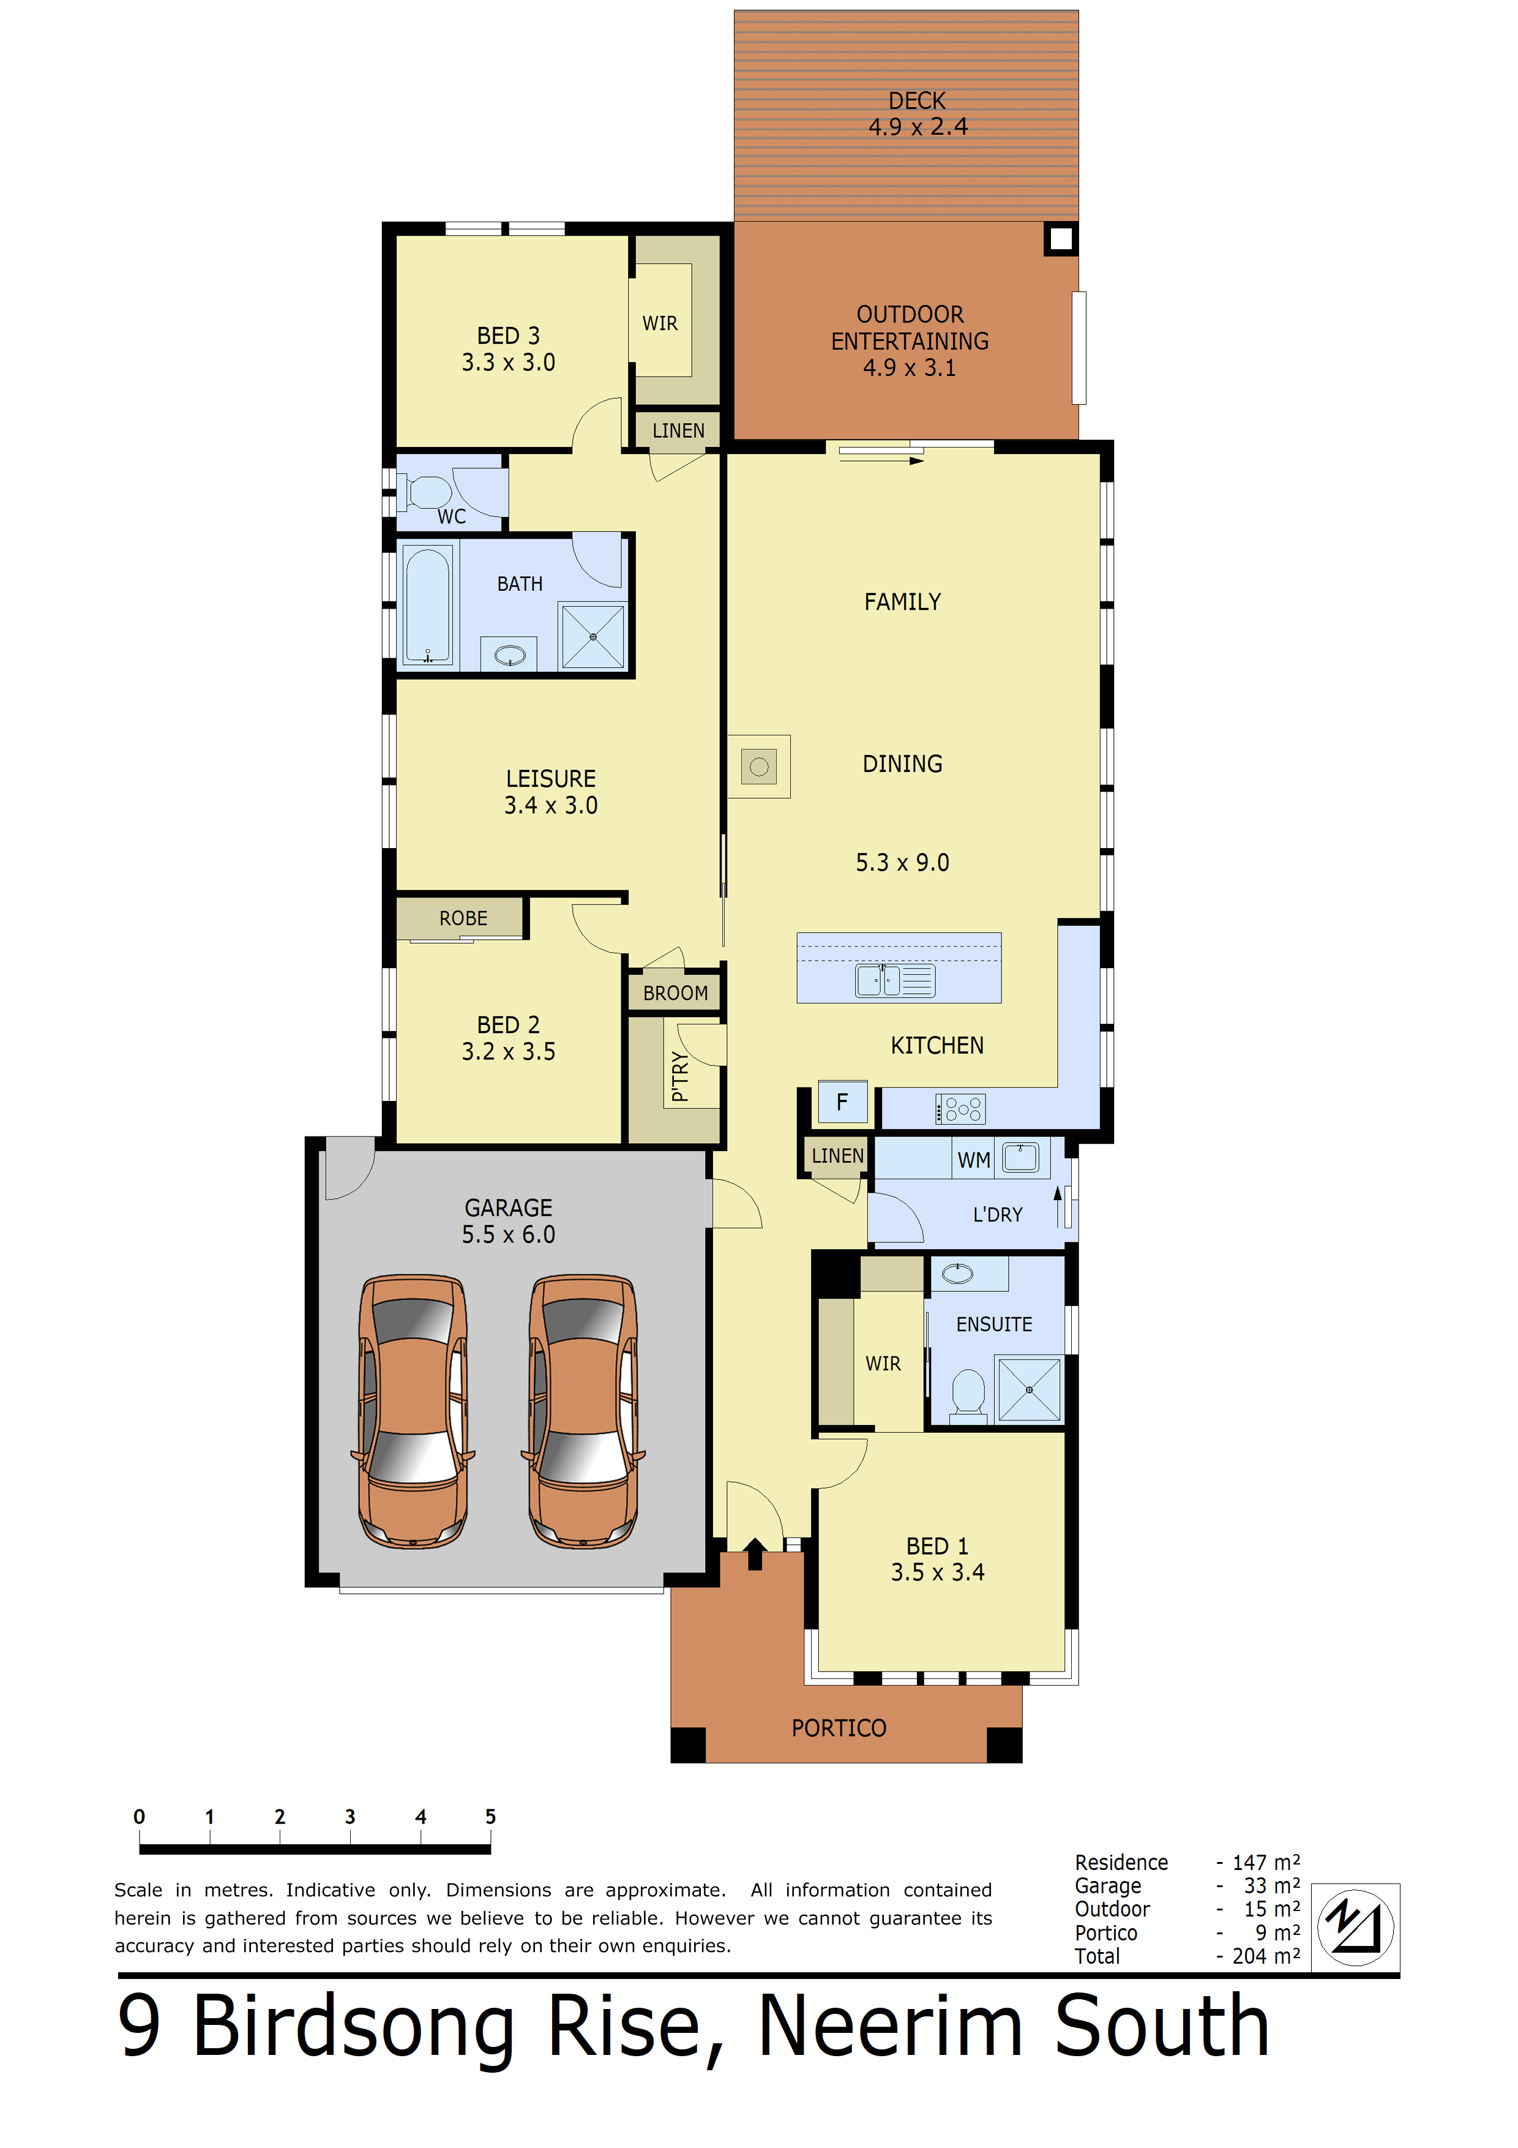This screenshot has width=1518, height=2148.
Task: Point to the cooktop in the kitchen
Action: coord(960,1110)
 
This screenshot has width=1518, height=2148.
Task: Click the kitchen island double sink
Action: coord(895,980)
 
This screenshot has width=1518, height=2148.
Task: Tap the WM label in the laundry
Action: coord(974,1160)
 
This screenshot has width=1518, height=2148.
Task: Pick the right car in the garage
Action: coord(583,1410)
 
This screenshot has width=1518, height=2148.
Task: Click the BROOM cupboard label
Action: coord(675,994)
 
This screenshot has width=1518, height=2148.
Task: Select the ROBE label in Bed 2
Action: coord(463,918)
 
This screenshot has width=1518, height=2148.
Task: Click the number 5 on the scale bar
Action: coord(490,1817)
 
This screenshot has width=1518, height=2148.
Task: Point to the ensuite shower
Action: coord(1029,1390)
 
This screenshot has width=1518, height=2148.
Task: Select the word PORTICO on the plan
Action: coord(839,1728)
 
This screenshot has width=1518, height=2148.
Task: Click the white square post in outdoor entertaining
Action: coord(1061,239)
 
